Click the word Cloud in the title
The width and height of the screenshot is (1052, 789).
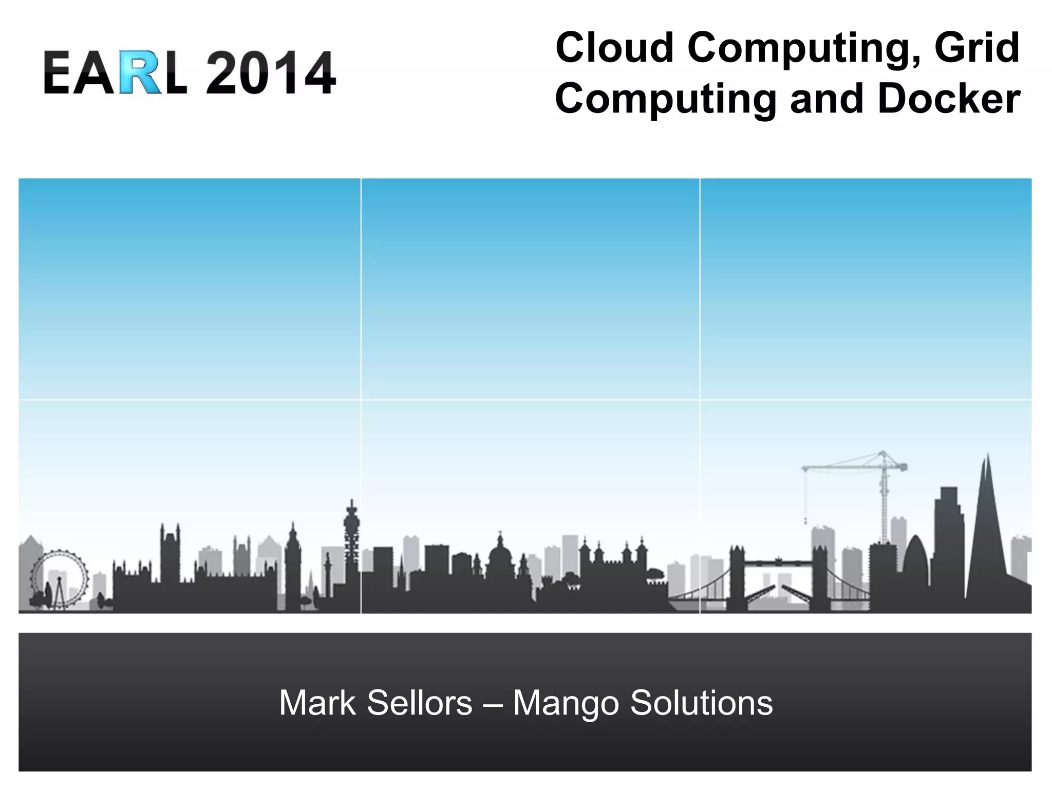(614, 48)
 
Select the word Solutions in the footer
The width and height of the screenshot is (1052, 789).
(701, 703)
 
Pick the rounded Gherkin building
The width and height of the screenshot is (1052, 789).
(915, 562)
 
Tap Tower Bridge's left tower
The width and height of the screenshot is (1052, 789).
(737, 575)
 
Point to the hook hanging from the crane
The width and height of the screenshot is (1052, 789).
(805, 520)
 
